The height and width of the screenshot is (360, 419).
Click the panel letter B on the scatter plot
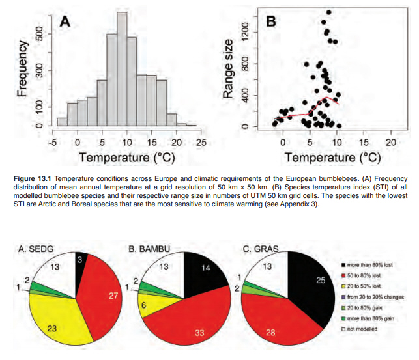(x=272, y=21)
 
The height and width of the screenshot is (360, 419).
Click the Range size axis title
(x=227, y=68)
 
